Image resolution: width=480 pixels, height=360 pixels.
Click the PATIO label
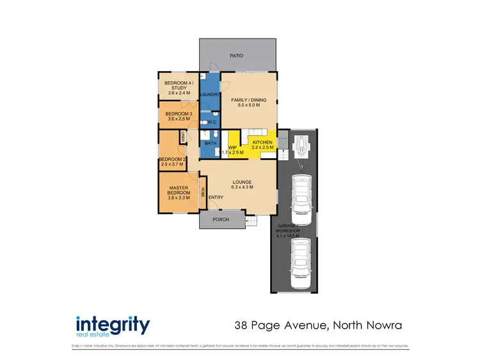coord(237,56)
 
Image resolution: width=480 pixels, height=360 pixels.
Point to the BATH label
coord(211,143)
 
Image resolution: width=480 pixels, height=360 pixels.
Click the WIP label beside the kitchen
coord(233,148)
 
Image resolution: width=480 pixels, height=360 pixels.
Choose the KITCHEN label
coord(262,142)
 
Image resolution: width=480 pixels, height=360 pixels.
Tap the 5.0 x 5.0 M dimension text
coord(249,106)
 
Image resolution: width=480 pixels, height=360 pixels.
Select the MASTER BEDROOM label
coord(179,190)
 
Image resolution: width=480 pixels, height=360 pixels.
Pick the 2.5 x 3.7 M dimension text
coord(172,165)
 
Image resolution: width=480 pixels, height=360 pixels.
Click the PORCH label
coord(221,222)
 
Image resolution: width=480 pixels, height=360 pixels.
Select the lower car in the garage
coord(300,262)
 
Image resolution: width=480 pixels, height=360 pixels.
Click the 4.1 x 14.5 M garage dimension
coord(289,236)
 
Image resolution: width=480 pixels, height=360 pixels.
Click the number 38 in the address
coord(240,325)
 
